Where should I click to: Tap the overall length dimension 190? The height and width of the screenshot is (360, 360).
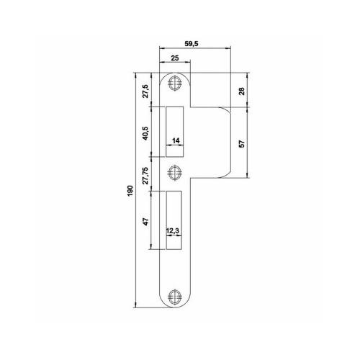coord(130,190)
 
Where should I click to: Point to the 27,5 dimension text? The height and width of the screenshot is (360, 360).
coord(145,91)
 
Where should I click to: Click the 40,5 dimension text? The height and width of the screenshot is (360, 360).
coord(145,133)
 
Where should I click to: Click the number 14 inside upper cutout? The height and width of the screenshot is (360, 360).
coord(176,142)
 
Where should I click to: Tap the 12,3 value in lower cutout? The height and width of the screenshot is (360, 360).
coord(174,232)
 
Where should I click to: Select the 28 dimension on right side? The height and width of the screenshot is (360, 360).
coord(242,90)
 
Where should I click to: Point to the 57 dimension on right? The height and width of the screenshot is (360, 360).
coord(242,143)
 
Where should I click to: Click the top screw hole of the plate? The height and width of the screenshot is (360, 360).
coord(174,83)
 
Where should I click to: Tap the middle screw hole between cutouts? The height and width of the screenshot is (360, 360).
coord(174,172)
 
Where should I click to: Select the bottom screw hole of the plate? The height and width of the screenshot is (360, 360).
coord(174,297)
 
